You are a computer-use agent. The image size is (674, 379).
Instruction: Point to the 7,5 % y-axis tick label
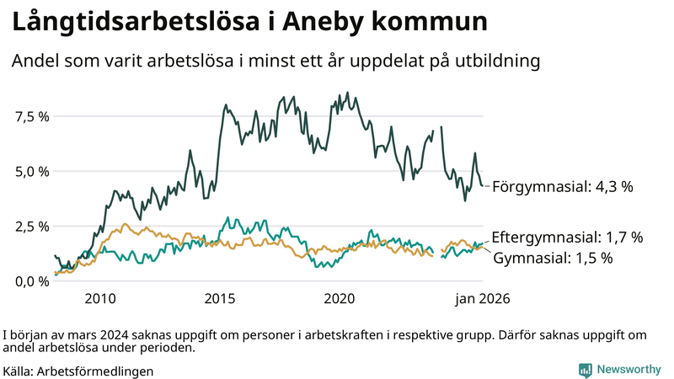click(32, 116)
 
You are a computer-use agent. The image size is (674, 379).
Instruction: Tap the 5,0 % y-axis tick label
click(32, 171)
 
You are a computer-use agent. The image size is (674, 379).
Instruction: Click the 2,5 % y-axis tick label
click(32, 226)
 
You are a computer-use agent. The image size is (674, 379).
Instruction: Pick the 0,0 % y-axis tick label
click(32, 280)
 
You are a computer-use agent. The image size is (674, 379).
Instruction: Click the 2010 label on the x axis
click(100, 298)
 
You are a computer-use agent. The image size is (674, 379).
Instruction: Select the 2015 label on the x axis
click(220, 298)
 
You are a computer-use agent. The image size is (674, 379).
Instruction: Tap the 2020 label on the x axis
click(340, 298)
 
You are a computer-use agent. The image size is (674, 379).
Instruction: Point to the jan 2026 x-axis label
click(483, 298)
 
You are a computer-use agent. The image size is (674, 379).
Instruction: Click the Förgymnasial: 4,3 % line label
click(562, 187)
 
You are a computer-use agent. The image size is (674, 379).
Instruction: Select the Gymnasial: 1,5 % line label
click(552, 259)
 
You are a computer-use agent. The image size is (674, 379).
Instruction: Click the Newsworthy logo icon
click(585, 370)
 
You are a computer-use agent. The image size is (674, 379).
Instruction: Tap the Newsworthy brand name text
click(629, 370)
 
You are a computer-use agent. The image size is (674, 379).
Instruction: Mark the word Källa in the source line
click(19, 371)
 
